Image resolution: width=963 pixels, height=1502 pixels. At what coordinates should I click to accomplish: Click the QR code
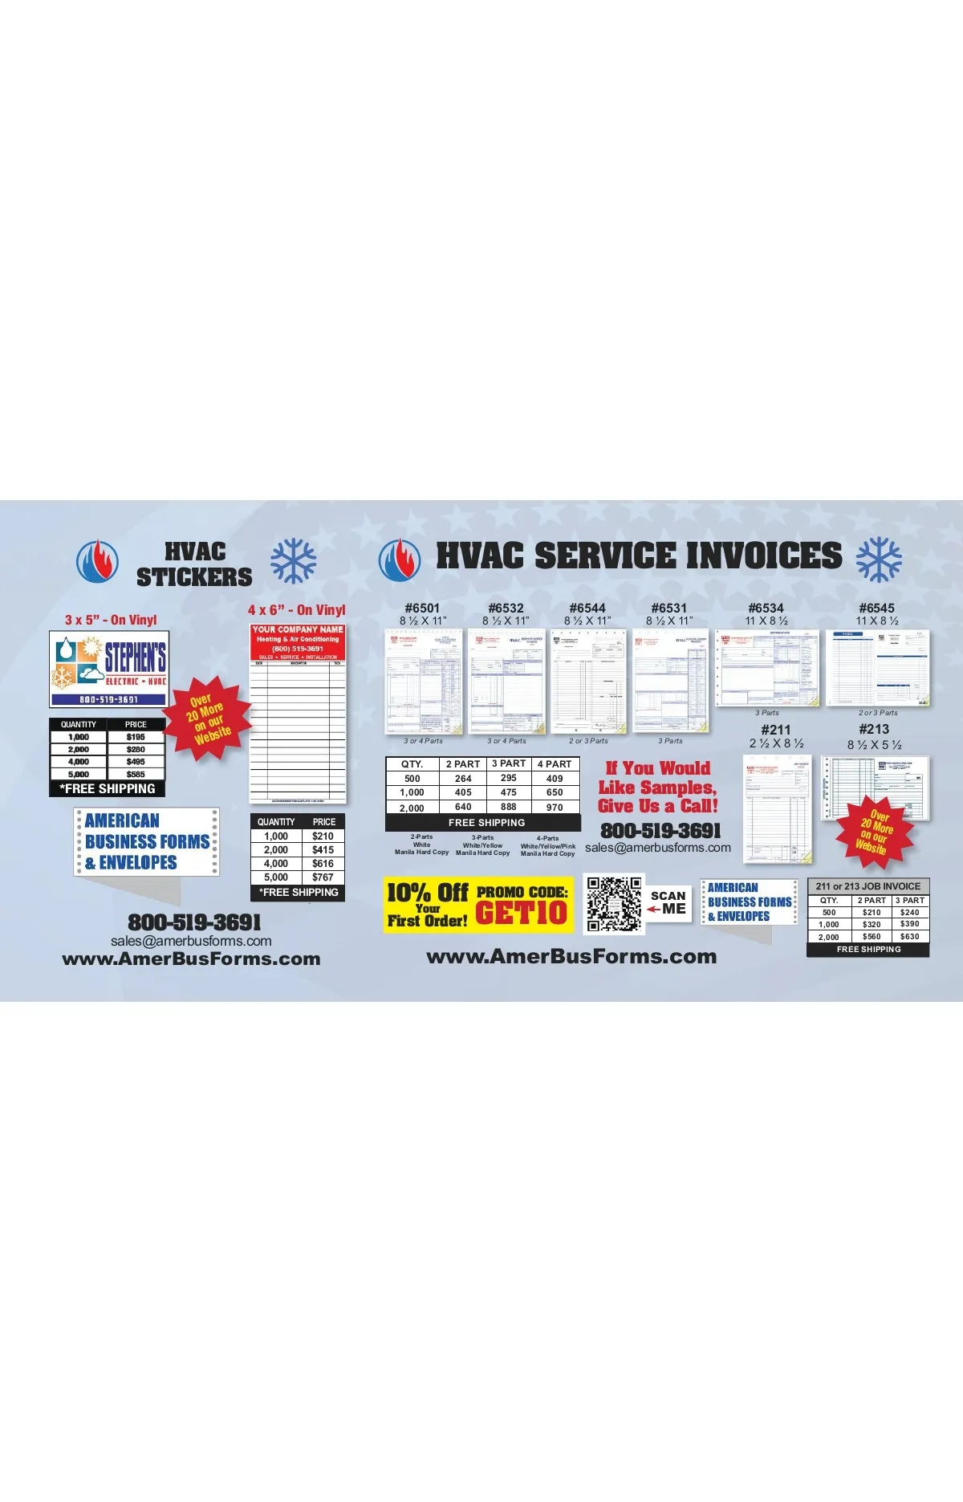point(614,904)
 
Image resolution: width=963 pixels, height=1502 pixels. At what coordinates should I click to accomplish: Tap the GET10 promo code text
point(521,913)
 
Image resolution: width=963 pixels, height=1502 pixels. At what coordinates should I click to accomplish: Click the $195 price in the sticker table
point(136,737)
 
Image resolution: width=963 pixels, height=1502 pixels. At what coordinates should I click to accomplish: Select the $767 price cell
point(323,877)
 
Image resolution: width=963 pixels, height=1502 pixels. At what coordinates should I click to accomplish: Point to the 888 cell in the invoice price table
point(509,807)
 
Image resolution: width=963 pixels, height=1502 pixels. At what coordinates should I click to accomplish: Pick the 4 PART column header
point(555,764)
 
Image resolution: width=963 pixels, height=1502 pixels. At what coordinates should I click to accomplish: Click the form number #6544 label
point(587,609)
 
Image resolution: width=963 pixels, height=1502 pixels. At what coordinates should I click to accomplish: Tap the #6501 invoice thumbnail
point(424,682)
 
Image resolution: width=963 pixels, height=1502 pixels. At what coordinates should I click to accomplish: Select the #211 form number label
point(776,730)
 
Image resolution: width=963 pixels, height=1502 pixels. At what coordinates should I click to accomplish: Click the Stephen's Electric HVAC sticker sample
point(108,669)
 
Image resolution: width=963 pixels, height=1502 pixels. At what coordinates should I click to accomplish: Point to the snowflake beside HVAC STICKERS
point(293,560)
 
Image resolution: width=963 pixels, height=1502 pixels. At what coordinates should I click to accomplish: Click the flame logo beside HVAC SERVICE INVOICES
point(399,560)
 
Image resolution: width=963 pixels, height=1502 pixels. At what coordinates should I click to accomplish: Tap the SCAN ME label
point(668,902)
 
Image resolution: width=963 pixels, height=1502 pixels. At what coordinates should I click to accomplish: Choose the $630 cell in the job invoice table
point(910,936)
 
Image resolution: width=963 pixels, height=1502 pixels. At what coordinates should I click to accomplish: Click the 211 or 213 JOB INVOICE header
point(868,886)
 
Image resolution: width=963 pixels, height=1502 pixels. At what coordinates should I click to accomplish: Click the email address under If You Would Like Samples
point(658,848)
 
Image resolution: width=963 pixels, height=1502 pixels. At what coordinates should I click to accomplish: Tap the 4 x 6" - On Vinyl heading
point(296,610)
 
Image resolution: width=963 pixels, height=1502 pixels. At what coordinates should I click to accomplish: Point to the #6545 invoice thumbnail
point(878,668)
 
